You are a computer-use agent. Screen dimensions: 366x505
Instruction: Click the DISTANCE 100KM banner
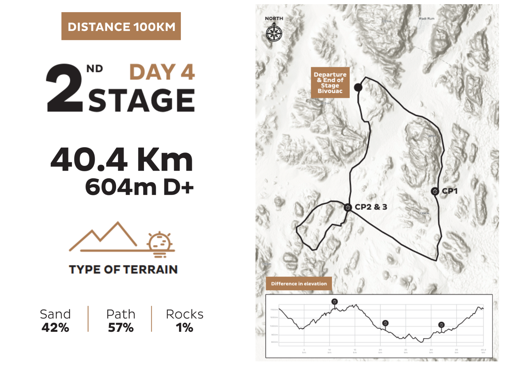pos(121,26)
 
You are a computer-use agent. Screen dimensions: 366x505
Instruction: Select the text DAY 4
pos(162,72)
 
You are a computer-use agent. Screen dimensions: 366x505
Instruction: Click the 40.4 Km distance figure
pos(122,159)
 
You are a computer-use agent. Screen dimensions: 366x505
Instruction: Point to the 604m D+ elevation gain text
pos(139,187)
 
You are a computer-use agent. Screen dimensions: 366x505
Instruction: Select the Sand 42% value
pos(55,328)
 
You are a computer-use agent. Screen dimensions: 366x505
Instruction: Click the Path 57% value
pos(121,328)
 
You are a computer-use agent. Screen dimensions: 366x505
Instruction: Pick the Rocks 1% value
pos(184,328)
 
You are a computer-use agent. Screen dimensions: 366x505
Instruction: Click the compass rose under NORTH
pos(274,33)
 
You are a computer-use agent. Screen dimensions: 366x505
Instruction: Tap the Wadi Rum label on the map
pos(426,19)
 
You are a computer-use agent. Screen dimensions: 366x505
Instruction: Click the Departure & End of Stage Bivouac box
pos(330,83)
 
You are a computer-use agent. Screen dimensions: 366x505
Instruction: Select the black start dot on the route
pos(358,87)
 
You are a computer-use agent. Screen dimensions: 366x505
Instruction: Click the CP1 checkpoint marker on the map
pos(435,191)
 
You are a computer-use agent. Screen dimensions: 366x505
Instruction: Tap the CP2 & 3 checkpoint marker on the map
pos(348,207)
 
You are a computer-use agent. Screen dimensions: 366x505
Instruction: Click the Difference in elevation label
pos(299,284)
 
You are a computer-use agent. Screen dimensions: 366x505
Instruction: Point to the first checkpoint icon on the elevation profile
pos(334,302)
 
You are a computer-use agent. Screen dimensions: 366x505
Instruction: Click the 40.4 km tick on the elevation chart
pos(483,351)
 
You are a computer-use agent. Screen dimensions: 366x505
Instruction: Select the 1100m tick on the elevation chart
pos(274,310)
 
